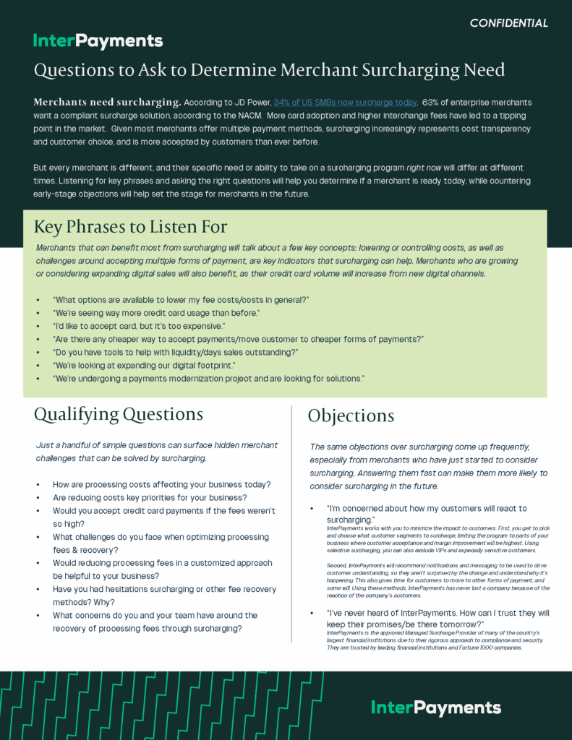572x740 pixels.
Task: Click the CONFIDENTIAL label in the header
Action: (508, 23)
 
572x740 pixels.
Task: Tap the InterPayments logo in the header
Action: (98, 41)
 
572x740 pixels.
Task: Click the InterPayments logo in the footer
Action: (435, 707)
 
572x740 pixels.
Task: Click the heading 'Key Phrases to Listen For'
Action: (130, 227)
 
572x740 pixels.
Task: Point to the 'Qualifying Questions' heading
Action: (119, 414)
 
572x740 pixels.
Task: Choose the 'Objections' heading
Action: (351, 416)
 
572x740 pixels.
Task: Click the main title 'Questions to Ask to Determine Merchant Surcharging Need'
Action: (269, 70)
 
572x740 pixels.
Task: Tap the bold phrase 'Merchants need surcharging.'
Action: (107, 103)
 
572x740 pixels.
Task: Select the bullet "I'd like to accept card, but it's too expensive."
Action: (139, 326)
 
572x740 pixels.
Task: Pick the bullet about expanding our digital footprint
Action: (144, 366)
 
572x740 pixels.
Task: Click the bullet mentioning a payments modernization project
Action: (208, 379)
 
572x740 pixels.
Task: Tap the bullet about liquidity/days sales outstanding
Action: (175, 352)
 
